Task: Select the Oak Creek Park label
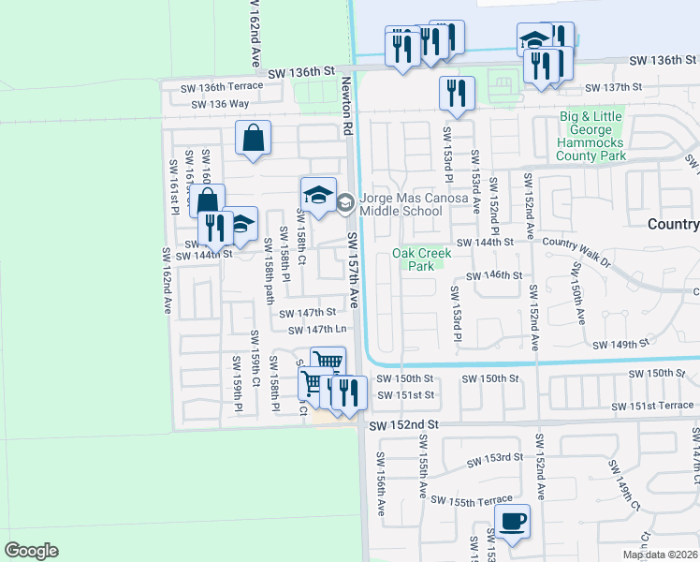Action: (413, 259)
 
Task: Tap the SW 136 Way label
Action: (220, 104)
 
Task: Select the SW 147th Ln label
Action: (317, 330)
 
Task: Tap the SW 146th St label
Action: (493, 275)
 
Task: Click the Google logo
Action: (32, 551)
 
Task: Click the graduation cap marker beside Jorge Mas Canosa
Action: (318, 195)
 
